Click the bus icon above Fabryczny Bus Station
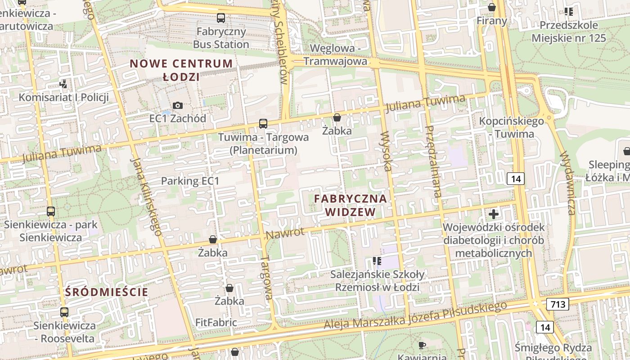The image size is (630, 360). point(220,18)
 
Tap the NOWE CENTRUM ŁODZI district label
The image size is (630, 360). point(181,70)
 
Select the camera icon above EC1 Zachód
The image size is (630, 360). point(178,105)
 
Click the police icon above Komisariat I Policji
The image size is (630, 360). point(63,83)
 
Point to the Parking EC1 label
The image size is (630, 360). point(190,181)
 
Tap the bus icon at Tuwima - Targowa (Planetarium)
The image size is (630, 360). point(263,123)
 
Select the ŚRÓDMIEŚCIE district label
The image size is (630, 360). point(107,292)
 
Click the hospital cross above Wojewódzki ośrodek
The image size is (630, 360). point(494,214)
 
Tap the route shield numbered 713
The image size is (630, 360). point(558,304)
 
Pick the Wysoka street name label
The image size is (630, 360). point(386,151)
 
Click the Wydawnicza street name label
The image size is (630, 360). point(568,182)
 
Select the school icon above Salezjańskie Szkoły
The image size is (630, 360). point(377,261)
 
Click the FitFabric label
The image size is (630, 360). point(216,322)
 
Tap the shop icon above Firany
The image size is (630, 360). point(492,8)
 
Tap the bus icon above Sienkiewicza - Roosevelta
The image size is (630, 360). point(64,312)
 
